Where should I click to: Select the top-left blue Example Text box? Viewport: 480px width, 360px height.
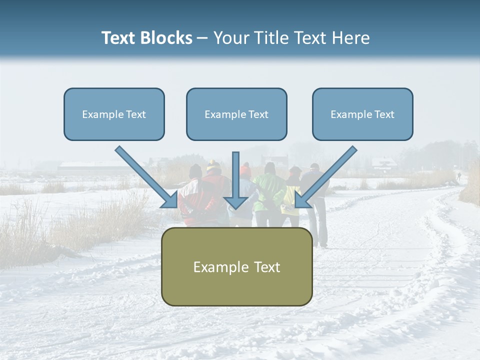tap(114, 114)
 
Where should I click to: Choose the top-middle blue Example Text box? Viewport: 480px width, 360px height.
tap(236, 114)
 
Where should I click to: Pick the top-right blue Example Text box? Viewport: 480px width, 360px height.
tap(362, 114)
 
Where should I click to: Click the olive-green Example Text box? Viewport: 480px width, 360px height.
tap(236, 266)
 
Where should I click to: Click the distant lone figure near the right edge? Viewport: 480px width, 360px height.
tap(459, 176)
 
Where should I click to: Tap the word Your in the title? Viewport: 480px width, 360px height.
tap(230, 38)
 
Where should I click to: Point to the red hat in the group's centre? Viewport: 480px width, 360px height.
tap(244, 170)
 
